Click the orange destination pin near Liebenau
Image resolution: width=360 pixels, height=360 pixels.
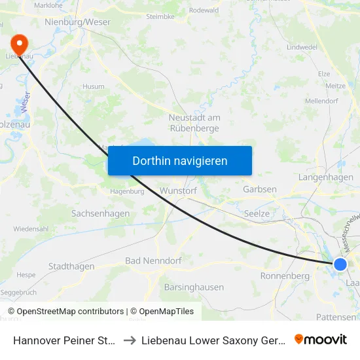coord(20,44)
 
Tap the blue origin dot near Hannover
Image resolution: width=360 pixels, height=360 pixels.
coord(340,264)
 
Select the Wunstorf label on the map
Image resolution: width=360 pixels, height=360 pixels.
coord(178,190)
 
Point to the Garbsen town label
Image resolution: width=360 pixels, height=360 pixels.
coord(259,189)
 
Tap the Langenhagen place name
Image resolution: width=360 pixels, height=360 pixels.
coord(325,177)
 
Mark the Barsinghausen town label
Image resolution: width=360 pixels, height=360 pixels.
coord(194,287)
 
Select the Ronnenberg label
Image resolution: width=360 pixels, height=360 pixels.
coord(285,276)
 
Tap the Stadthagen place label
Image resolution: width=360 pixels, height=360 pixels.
coord(71,266)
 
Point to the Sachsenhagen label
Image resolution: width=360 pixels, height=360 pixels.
coord(100,213)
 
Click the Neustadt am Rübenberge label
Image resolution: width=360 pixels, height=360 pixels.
coord(194,122)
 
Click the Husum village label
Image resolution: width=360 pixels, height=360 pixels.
coord(93,86)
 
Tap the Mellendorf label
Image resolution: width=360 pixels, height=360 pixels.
coord(321,101)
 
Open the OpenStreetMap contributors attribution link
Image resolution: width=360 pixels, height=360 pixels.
coord(70,312)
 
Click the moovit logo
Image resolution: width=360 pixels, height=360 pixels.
coord(321,339)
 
